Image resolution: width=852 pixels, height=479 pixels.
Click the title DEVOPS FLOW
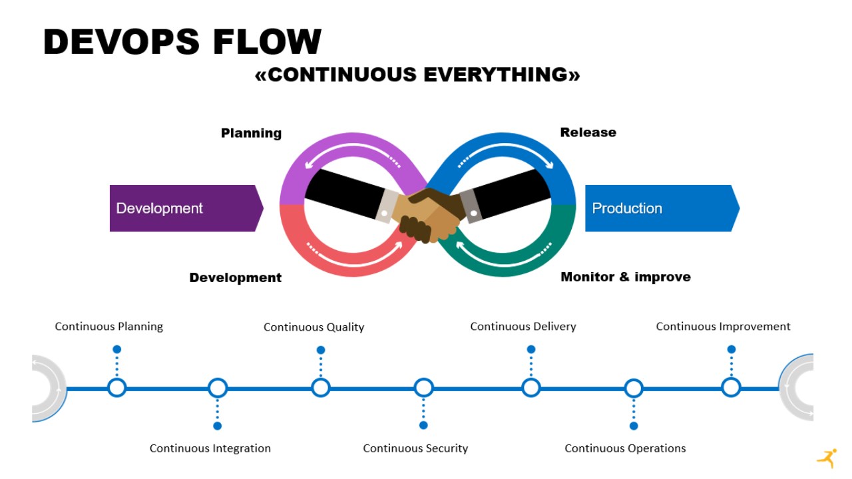tap(182, 42)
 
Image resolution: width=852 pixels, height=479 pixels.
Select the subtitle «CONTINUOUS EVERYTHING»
tap(417, 75)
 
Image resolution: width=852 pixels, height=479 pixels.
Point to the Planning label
tap(251, 133)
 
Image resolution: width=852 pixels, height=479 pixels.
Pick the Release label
tap(588, 132)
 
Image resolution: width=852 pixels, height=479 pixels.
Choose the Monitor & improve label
tap(625, 277)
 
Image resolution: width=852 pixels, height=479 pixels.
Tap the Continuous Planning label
tap(108, 326)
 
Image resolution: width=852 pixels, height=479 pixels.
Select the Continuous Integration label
tap(210, 448)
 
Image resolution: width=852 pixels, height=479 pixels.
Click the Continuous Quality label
tap(314, 327)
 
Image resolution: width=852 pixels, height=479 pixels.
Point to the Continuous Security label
tap(415, 448)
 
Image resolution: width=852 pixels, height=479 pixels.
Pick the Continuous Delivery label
tap(523, 326)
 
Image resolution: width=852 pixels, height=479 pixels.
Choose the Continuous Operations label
tap(625, 448)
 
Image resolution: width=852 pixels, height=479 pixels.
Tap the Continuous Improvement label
tap(723, 326)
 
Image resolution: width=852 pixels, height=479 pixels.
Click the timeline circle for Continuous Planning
tap(116, 388)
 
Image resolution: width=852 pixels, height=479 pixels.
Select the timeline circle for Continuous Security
tap(423, 388)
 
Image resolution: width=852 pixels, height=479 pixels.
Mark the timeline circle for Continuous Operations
tap(634, 388)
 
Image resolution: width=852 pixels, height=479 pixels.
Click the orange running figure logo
tap(827, 458)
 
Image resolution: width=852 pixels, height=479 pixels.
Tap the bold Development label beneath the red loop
tap(235, 277)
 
